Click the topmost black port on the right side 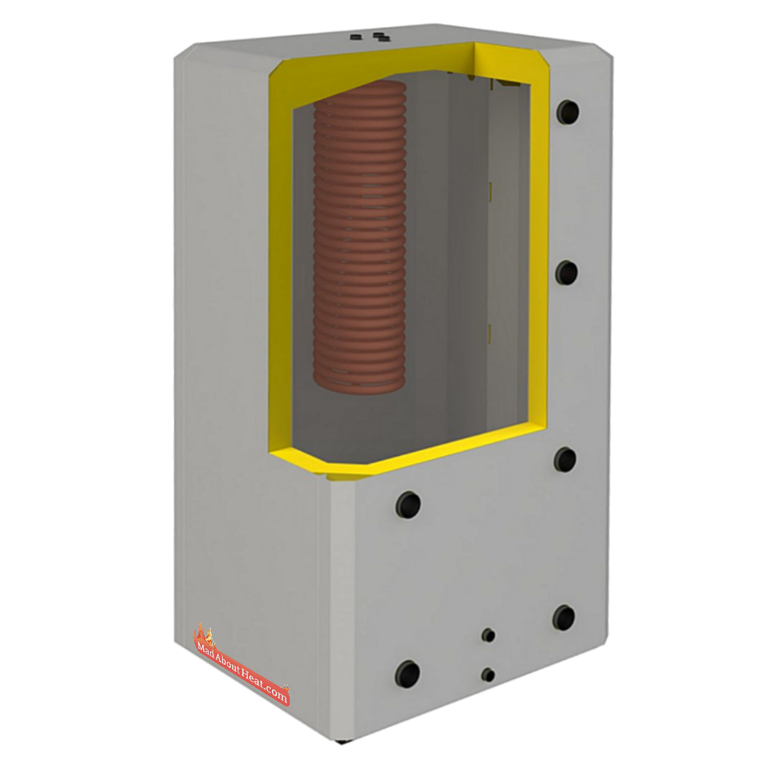point(567,112)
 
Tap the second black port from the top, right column point(567,273)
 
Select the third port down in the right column point(565,460)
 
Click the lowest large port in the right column point(564,617)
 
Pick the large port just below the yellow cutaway point(408,505)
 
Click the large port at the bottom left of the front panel point(407,674)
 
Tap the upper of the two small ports point(488,635)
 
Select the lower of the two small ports point(488,675)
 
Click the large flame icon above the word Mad point(204,632)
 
